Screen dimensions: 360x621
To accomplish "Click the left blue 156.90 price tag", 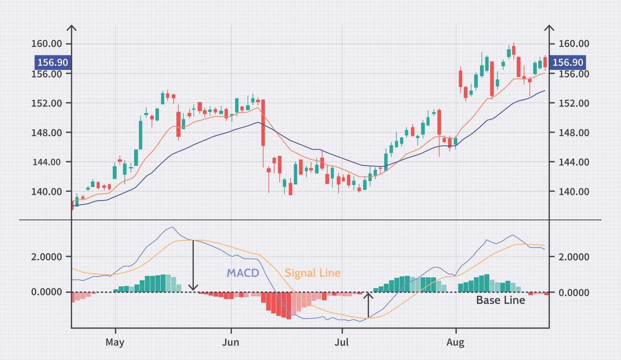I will (53, 62).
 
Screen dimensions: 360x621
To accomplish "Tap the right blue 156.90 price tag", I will (568, 62).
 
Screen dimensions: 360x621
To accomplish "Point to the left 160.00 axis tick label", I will (46, 44).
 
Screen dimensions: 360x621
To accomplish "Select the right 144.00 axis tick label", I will (574, 162).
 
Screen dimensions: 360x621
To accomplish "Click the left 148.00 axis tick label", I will (46, 133).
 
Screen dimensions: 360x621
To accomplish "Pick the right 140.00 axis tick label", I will (574, 192).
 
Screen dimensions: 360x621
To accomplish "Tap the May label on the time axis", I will (115, 343).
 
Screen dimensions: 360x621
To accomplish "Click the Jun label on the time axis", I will (230, 343).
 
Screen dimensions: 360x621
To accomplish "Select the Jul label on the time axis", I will (342, 343).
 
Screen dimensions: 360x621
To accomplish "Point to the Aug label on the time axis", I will (455, 343).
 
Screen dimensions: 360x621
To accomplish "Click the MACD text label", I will (243, 273).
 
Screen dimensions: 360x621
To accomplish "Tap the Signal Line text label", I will (313, 273).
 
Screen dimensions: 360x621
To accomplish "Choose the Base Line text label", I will (500, 300).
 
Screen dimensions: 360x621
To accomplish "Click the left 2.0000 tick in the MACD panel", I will (46, 257).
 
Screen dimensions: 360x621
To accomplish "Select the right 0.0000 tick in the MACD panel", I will (574, 293).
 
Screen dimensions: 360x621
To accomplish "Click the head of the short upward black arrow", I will (368, 295).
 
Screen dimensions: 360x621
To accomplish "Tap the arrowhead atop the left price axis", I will (72, 28).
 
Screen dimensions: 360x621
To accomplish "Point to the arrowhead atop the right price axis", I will (549, 28).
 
